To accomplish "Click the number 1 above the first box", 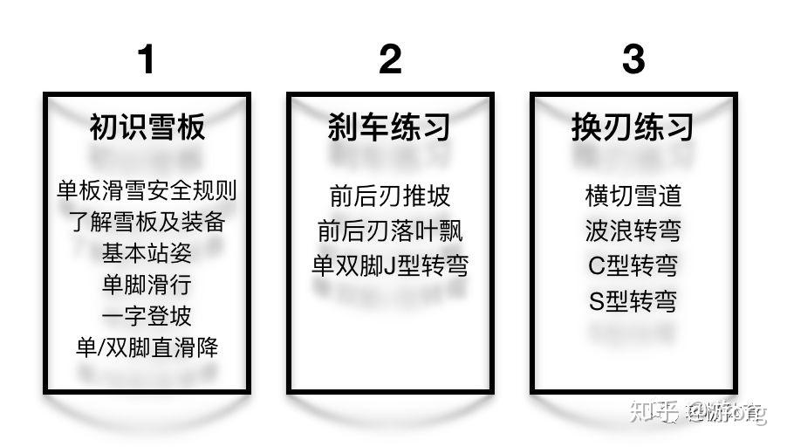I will (146, 59).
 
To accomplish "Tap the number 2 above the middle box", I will (390, 59).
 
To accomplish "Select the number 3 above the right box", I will (633, 59).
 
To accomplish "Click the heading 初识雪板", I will (147, 127).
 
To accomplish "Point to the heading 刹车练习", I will (389, 127).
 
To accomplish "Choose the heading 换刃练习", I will (633, 127).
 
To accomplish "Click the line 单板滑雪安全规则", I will (147, 190).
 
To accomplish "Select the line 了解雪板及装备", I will (147, 222).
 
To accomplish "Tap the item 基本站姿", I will (147, 253).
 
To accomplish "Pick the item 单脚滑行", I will (147, 285).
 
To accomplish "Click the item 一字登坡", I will (147, 315).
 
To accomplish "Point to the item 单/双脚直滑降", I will (147, 347).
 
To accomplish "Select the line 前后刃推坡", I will (389, 196).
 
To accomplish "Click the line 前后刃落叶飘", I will (389, 230).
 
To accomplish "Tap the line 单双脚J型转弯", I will (389, 265).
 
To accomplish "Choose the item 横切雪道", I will (633, 196).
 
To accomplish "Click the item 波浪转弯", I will (633, 230).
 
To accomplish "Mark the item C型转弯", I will (633, 265).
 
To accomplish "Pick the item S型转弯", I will (633, 302).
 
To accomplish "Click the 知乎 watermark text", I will (654, 411).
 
